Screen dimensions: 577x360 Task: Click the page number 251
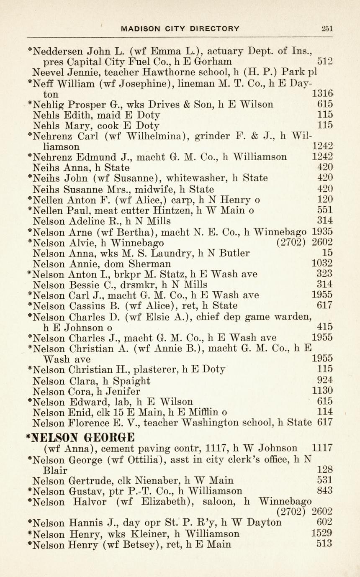tap(327, 28)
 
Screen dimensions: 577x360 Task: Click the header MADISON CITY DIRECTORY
tap(180, 28)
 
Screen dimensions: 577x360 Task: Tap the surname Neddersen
tap(58, 52)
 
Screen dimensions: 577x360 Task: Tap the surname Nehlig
tap(50, 104)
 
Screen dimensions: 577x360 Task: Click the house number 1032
tap(322, 264)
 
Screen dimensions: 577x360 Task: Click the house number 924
tap(325, 380)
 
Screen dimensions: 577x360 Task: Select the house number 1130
tap(322, 391)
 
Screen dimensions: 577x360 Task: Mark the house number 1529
tap(322, 533)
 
